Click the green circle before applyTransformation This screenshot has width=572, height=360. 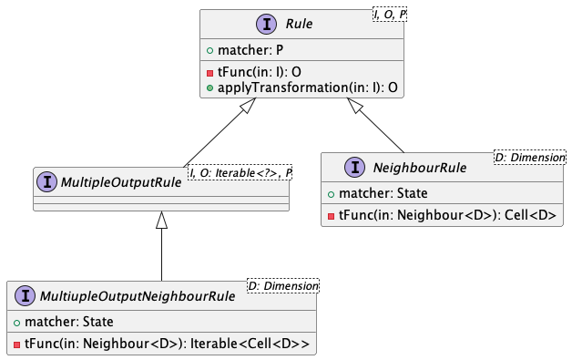[x=209, y=87]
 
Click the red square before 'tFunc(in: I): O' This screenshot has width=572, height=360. [x=209, y=72]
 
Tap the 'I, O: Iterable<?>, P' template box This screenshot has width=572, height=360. [x=240, y=171]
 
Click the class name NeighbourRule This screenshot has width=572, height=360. [x=420, y=167]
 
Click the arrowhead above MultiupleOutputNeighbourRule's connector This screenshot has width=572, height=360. [x=161, y=221]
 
